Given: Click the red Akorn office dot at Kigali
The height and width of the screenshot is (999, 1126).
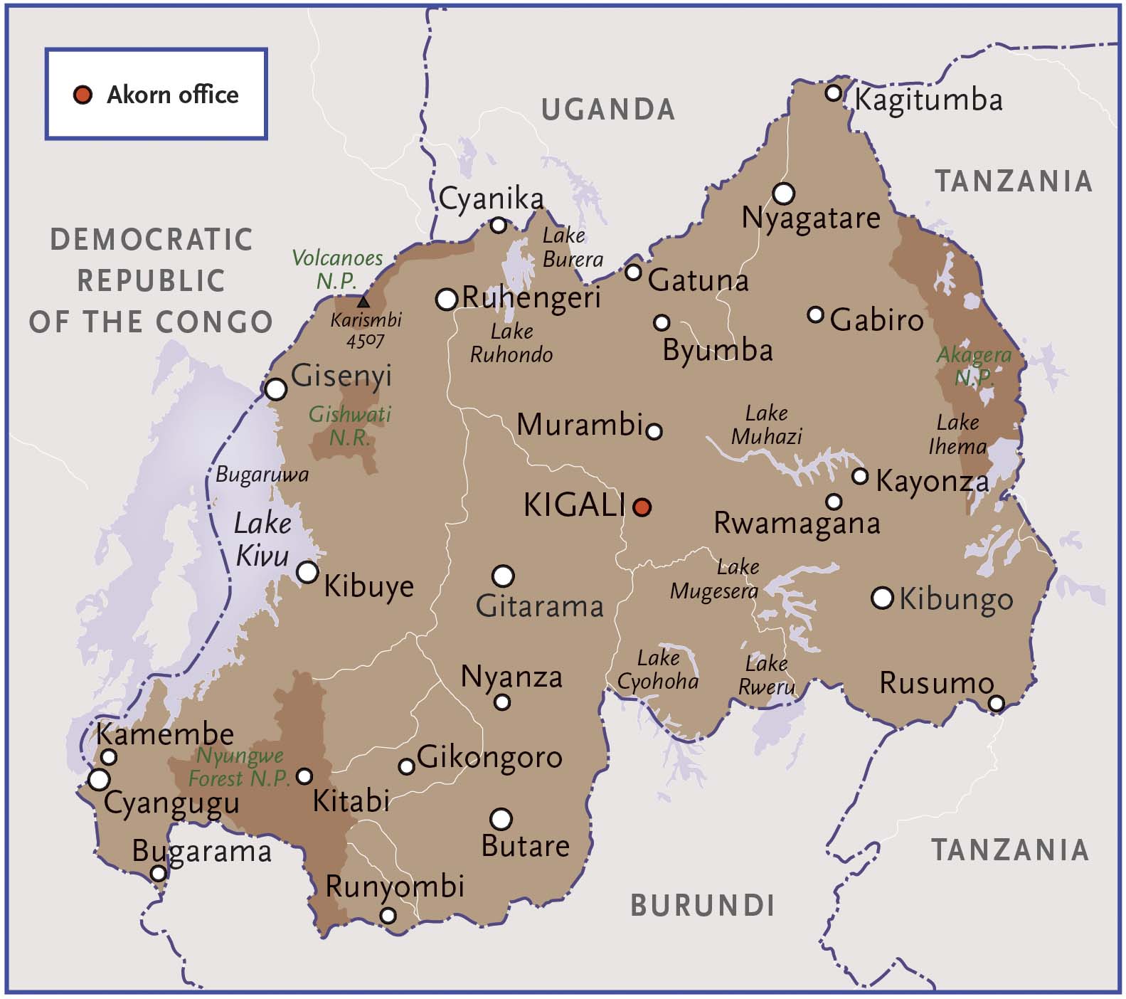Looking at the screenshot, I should tap(642, 507).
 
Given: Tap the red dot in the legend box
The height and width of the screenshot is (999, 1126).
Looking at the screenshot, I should tap(83, 95).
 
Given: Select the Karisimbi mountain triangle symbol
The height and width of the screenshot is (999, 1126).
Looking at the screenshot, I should tap(363, 302).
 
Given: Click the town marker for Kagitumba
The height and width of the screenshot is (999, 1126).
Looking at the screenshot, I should tap(834, 93).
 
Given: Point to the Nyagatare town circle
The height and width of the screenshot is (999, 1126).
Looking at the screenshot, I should tap(783, 193).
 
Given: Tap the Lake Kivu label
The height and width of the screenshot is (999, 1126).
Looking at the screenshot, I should tap(262, 539).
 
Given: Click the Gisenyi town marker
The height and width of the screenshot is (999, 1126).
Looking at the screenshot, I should tap(276, 389).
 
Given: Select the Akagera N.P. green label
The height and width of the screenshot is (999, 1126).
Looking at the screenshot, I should tap(973, 365).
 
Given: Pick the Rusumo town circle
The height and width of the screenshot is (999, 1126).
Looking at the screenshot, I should tap(997, 704).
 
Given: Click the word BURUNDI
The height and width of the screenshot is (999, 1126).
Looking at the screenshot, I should tap(702, 906).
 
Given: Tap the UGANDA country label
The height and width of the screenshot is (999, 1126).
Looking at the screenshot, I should tap(608, 110).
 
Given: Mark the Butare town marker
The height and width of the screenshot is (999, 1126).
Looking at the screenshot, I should tap(501, 819).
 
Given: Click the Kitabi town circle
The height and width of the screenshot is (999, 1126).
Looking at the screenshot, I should tap(304, 776).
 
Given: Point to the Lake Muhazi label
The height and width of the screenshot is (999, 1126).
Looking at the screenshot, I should tap(766, 425).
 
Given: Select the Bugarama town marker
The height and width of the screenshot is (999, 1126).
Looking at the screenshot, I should tap(159, 873).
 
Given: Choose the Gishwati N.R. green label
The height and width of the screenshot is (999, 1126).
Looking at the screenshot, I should tap(350, 425).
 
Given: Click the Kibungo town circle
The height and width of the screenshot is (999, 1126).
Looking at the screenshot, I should tap(882, 598).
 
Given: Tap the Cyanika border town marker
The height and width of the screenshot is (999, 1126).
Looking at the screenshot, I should tap(499, 226).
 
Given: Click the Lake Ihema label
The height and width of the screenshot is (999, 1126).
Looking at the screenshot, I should tap(957, 434).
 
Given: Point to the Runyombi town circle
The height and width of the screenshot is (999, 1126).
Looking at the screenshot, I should tap(388, 915).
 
